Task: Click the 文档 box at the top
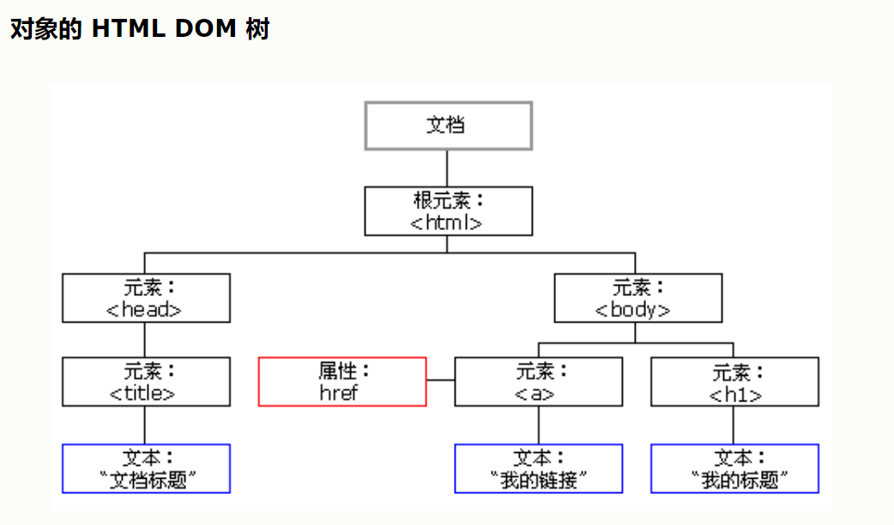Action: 448,126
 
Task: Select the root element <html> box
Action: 448,211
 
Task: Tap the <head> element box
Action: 146,299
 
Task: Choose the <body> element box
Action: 638,299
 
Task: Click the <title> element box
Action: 146,382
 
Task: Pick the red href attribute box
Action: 342,382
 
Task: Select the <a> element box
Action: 538,382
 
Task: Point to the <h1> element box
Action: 734,382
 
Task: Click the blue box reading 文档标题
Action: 146,468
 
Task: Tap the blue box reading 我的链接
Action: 538,468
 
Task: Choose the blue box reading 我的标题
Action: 734,468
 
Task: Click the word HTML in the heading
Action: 129,28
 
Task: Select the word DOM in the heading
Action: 206,28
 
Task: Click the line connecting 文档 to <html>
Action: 447,169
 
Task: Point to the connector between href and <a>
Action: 441,380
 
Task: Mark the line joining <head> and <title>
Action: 144,341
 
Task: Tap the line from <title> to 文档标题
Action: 144,425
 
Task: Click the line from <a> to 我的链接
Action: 538,425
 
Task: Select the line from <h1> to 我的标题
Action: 734,425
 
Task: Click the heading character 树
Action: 257,28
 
